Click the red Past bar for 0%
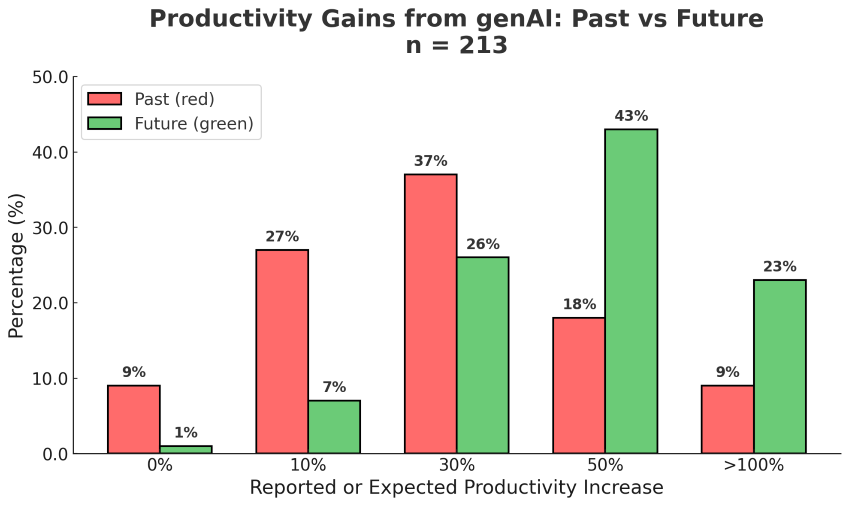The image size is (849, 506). (134, 419)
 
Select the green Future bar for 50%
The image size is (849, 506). (631, 291)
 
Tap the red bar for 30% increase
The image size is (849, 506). (431, 314)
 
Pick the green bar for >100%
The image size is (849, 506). (780, 367)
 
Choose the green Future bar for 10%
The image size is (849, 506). (334, 427)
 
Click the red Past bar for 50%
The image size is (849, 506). (579, 385)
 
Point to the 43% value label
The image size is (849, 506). (631, 116)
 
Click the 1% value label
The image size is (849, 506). (186, 433)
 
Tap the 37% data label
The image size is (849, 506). (431, 161)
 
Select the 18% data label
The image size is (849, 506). (579, 304)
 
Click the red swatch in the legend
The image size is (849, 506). (105, 99)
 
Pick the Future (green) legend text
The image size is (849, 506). (194, 124)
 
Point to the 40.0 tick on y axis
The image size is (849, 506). (51, 152)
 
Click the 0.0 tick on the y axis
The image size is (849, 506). (56, 454)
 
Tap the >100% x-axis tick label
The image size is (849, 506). (754, 465)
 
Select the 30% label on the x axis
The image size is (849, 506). (457, 465)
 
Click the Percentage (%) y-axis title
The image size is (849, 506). (16, 266)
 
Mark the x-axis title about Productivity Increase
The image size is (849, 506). (456, 488)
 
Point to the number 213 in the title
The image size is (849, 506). (483, 45)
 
